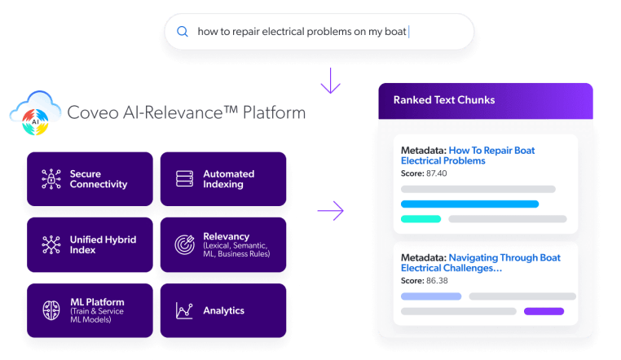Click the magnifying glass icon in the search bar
click(x=182, y=32)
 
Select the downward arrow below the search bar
click(x=330, y=81)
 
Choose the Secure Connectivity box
click(x=90, y=180)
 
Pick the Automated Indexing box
click(x=222, y=180)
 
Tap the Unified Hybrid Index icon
click(x=51, y=245)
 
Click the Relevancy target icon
click(x=184, y=244)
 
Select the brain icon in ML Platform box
click(x=51, y=310)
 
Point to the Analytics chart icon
click(x=184, y=310)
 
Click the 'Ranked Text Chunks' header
click(x=444, y=100)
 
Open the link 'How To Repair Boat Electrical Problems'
click(x=468, y=156)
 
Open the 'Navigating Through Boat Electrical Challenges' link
click(x=481, y=262)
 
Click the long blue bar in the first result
click(x=469, y=204)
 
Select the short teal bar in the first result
click(x=421, y=218)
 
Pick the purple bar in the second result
click(x=544, y=311)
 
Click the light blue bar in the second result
click(x=431, y=296)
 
